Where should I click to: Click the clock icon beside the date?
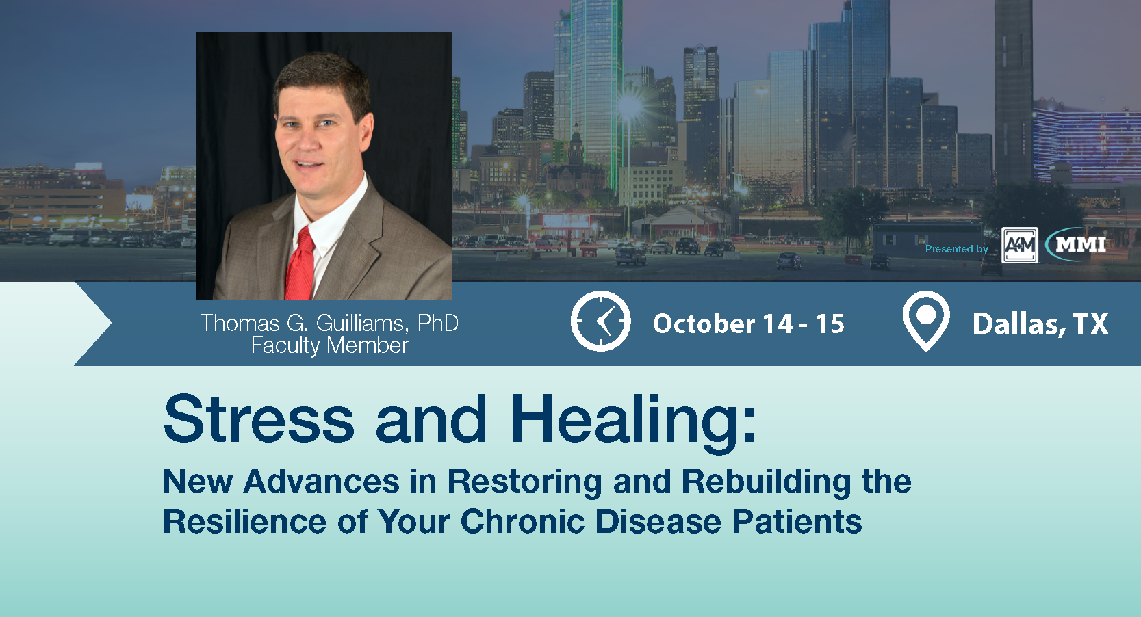pos(600,321)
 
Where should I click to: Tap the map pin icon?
pos(926,321)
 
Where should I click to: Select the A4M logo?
pos(1020,246)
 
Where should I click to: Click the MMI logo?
pos(1076,244)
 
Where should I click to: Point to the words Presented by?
pos(957,249)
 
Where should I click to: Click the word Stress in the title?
pos(259,419)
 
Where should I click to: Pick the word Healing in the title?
pos(624,423)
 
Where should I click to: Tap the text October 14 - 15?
pos(749,324)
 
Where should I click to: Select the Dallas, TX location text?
pos(1040,324)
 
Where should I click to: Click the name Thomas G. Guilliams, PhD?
pos(329,324)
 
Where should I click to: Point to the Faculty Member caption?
pos(329,345)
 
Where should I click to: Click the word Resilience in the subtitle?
pos(244,521)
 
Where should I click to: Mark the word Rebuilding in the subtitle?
pos(766,482)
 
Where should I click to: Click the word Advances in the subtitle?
pos(322,481)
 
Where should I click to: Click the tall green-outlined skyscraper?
pos(595,87)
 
